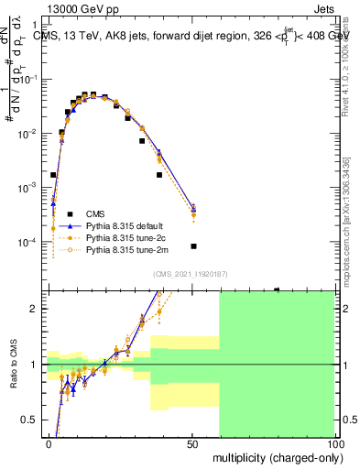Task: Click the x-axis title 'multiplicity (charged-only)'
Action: pos(272,457)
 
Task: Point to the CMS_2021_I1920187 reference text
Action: pos(191,274)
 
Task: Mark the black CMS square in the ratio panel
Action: pos(277,290)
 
